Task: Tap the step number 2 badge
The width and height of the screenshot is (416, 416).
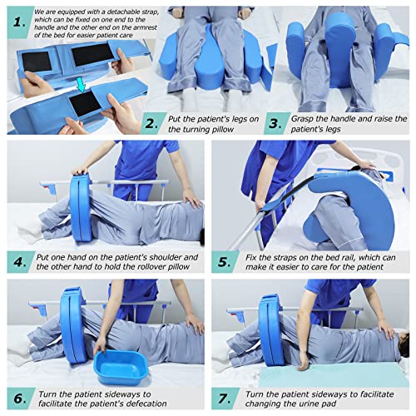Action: click(151, 124)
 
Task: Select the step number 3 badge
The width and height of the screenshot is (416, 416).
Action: click(289, 124)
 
